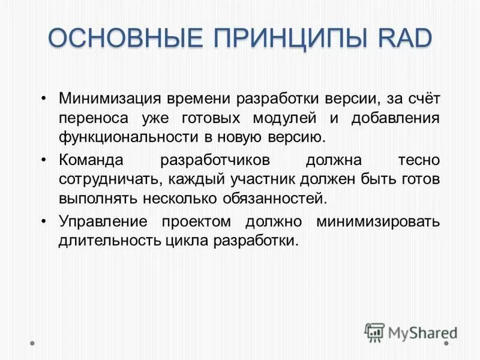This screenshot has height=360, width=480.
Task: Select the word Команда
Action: tap(91, 160)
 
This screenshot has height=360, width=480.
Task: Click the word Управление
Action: tap(103, 221)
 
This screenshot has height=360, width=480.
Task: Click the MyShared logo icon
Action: tap(374, 332)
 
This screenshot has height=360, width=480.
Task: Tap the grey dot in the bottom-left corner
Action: tap(32, 344)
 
